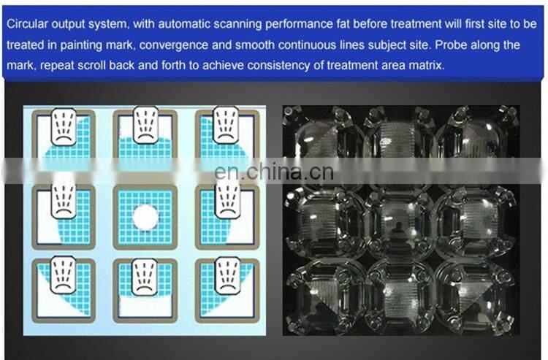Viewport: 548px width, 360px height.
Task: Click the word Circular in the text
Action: [27, 24]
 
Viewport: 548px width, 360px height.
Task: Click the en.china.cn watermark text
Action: [274, 172]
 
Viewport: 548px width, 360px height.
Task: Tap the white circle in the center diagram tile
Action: [145, 217]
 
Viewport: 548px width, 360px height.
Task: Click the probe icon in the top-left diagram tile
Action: [64, 127]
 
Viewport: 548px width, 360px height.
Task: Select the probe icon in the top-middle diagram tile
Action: [145, 125]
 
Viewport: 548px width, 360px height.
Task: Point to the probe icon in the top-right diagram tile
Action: [226, 125]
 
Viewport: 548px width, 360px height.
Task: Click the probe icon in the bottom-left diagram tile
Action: [64, 275]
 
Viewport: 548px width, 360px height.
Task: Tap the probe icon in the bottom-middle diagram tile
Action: [145, 277]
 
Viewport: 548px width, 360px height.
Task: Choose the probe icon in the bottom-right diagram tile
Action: [228, 275]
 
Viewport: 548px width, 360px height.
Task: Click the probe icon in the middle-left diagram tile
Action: [64, 201]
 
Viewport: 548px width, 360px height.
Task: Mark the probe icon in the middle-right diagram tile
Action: [227, 201]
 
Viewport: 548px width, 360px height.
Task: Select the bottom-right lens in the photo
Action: [476, 296]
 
